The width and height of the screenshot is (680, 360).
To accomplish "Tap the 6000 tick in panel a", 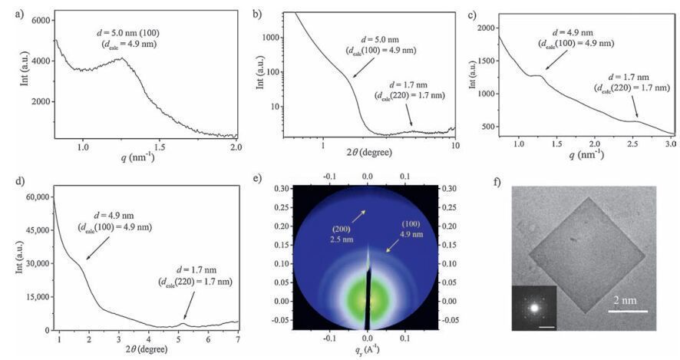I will click(x=37, y=21).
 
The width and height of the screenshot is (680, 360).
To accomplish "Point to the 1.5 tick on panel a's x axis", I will click(x=159, y=146).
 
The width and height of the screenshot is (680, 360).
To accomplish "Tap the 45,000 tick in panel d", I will click(x=35, y=230).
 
